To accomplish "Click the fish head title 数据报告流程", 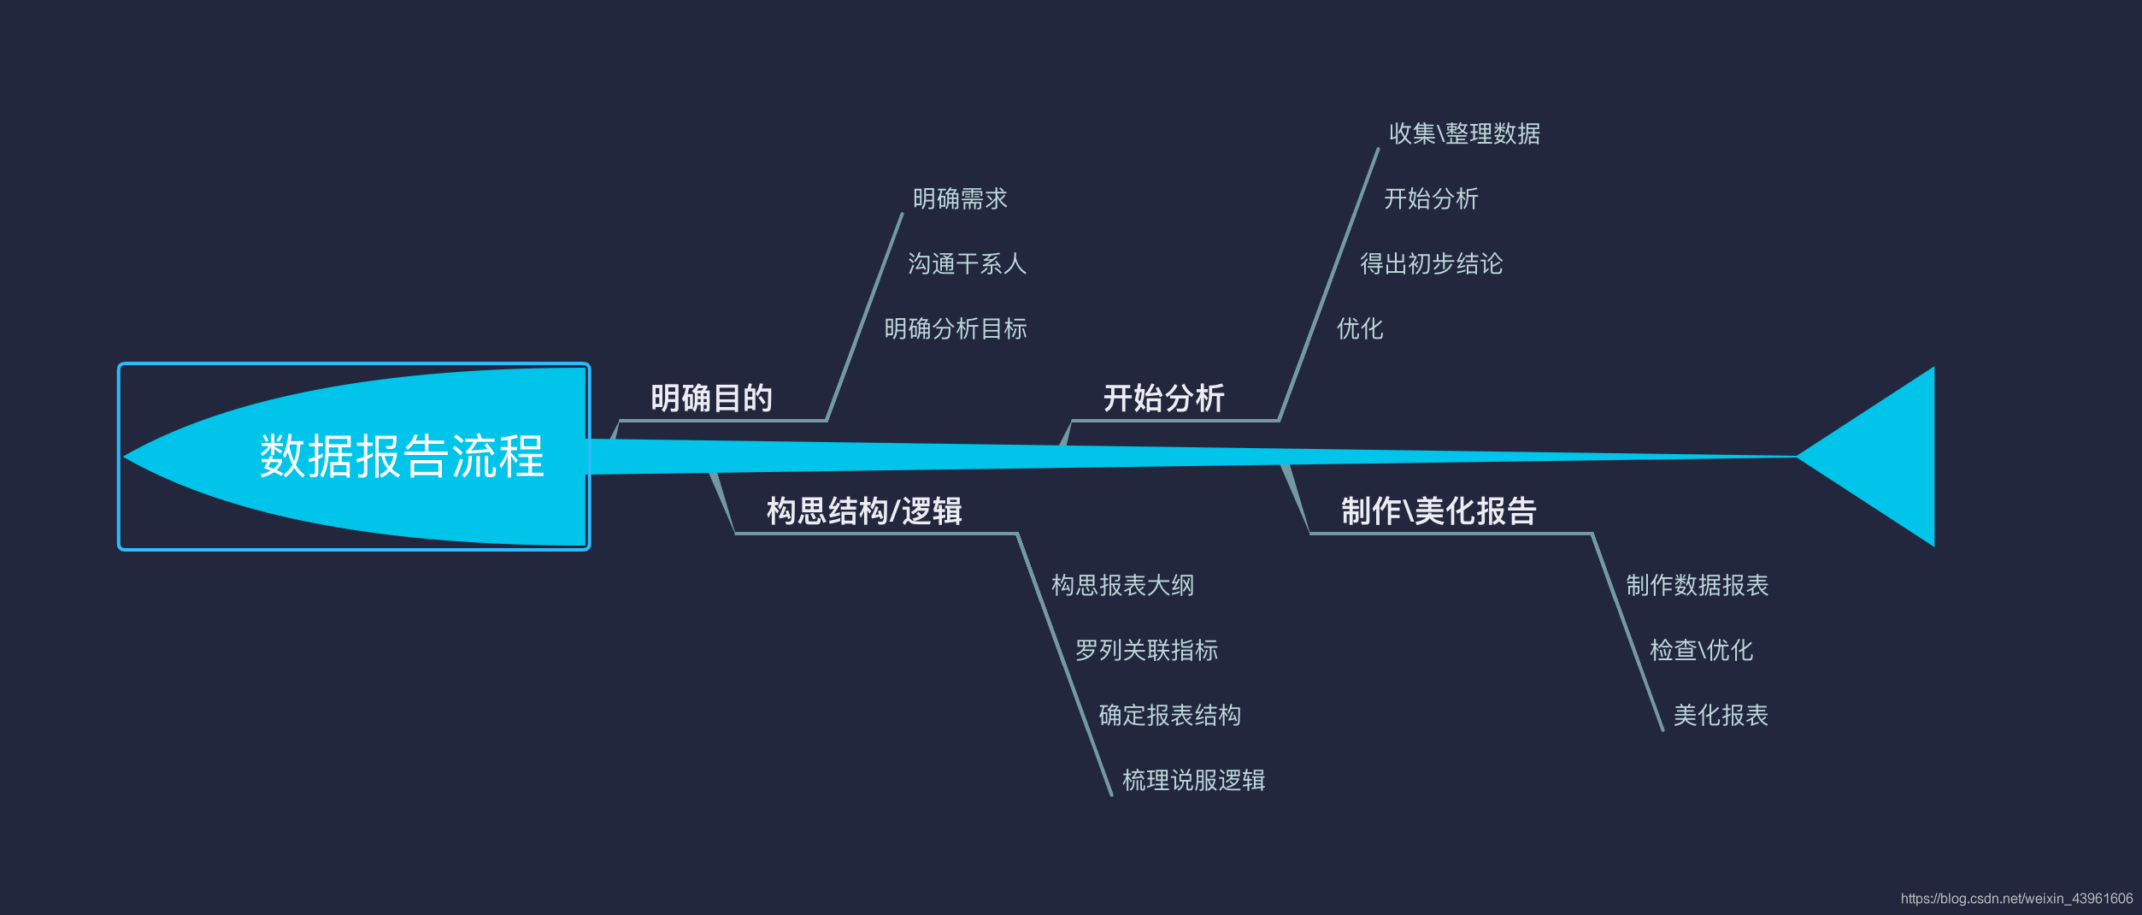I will click(x=402, y=456).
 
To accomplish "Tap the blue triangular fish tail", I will click(x=1880, y=457).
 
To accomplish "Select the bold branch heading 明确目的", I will click(x=711, y=398).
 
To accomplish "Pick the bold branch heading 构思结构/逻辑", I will click(x=864, y=511).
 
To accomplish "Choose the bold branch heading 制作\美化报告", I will click(x=1439, y=511).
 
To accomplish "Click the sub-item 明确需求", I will click(x=960, y=199).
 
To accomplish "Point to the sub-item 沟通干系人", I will click(x=967, y=264).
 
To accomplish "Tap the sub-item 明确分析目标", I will click(x=956, y=329).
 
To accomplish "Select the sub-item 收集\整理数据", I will click(x=1464, y=134).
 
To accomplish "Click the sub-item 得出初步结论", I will click(x=1431, y=264).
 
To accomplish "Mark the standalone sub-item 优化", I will click(x=1359, y=329).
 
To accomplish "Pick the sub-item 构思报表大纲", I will click(x=1122, y=586).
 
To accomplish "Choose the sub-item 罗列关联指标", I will click(x=1146, y=651).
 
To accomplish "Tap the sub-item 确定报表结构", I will click(x=1169, y=716).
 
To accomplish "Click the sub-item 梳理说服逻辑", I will click(x=1193, y=781).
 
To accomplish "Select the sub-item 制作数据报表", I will click(x=1697, y=586).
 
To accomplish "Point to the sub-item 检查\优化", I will click(x=1701, y=651).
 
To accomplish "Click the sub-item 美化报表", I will click(x=1720, y=716).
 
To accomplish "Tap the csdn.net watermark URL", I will click(x=2016, y=899).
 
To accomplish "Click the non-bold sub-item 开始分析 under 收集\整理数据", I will click(x=1431, y=199).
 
